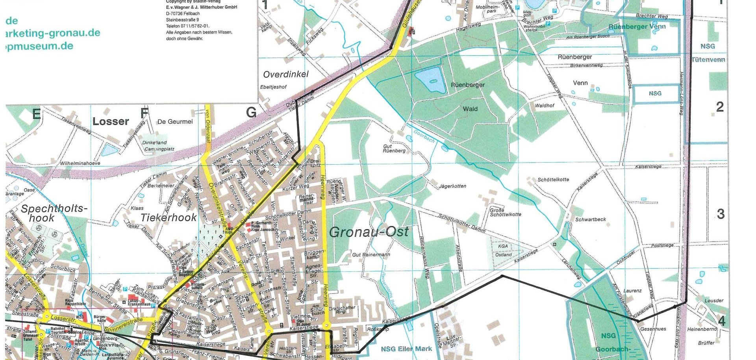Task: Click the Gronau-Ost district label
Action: coord(369,232)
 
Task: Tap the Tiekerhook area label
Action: coord(169,217)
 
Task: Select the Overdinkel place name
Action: coord(286,74)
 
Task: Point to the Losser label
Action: coord(111,121)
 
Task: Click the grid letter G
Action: coord(251,113)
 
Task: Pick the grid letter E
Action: coord(36,114)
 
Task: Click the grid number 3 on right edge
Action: coord(720,214)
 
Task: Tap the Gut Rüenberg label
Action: coord(394,148)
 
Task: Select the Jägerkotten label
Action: coord(453,186)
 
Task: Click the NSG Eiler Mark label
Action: coord(406,349)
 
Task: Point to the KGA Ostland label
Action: coord(503,251)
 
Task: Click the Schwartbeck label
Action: coord(590,219)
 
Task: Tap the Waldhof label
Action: coord(544,106)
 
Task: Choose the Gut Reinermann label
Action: coord(371,255)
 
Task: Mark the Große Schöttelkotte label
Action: coord(505,212)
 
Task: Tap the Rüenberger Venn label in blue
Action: coord(637,26)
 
